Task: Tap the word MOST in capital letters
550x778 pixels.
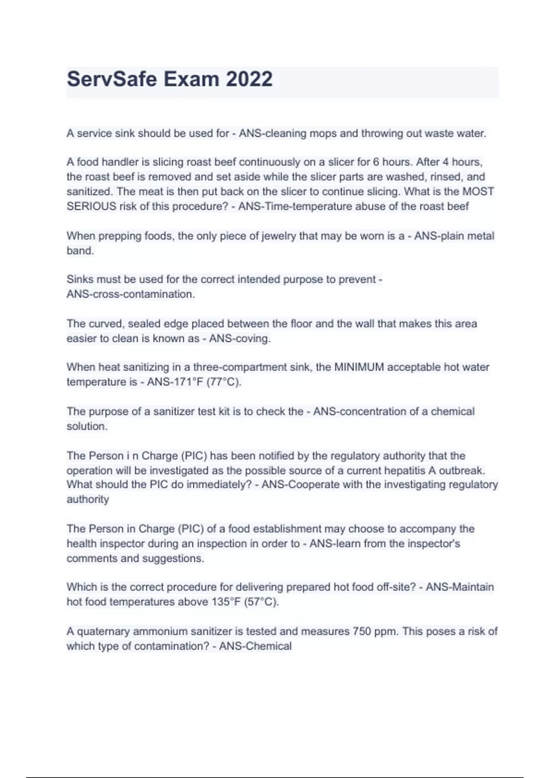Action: (478, 191)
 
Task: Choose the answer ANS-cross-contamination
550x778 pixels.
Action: (130, 294)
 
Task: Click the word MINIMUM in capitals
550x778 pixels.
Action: (359, 367)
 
